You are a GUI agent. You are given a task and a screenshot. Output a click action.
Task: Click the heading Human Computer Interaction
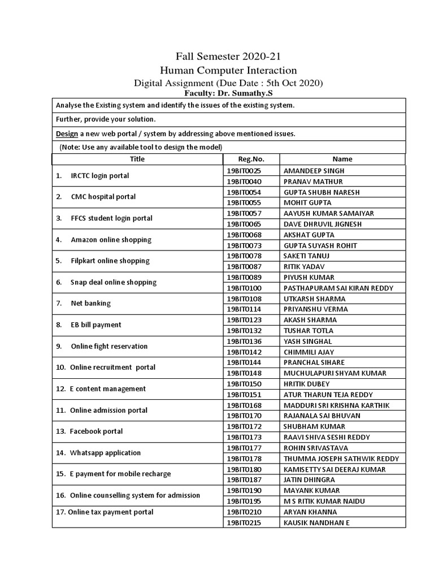click(228, 70)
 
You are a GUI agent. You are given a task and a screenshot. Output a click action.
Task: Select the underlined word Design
click(66, 133)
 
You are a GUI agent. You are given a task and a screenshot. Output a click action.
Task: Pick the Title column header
click(137, 159)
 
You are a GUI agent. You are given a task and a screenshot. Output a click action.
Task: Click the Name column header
click(342, 159)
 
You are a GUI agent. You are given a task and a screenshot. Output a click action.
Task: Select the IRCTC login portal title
click(99, 176)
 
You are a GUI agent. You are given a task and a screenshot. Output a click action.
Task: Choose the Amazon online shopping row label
click(111, 240)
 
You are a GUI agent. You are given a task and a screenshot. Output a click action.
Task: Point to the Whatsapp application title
click(105, 453)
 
